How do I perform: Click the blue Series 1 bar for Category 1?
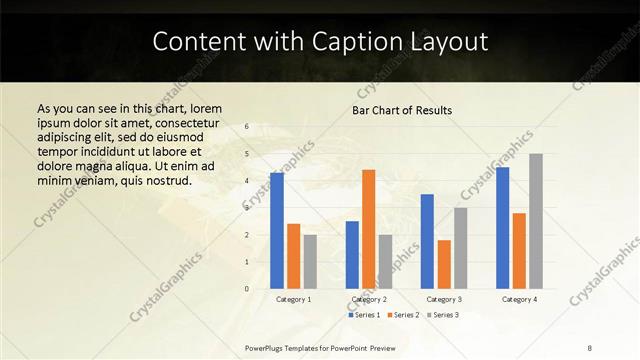click(x=276, y=231)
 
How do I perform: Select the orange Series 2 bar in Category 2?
click(x=368, y=229)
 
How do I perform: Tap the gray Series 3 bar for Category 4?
click(x=536, y=221)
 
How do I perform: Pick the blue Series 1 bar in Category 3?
click(x=427, y=241)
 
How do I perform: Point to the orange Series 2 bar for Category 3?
click(x=444, y=264)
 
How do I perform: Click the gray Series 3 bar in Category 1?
click(x=310, y=261)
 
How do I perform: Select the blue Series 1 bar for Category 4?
click(x=502, y=228)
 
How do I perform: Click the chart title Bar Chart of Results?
click(x=402, y=110)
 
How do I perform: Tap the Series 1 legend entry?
click(x=364, y=315)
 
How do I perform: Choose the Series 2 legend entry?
click(x=402, y=315)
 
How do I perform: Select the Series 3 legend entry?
click(x=441, y=315)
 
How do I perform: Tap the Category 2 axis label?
click(x=369, y=299)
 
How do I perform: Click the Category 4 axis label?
click(x=519, y=299)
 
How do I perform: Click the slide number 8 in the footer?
click(x=591, y=347)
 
